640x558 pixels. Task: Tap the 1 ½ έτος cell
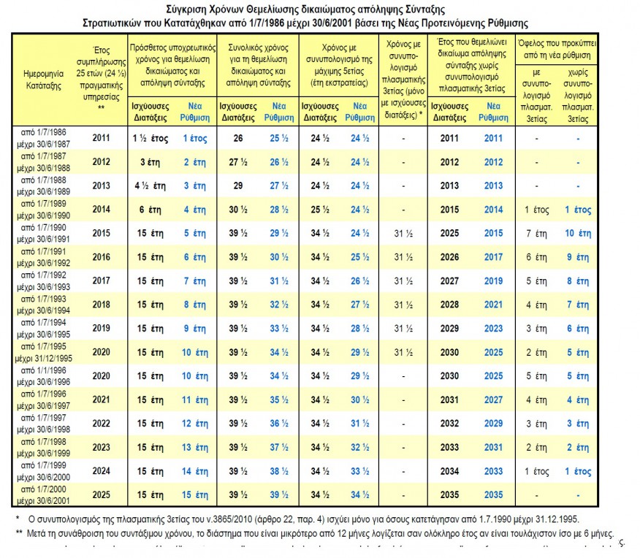[x=149, y=138]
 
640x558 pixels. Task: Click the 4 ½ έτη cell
[x=149, y=186]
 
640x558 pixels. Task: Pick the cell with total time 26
[x=238, y=138]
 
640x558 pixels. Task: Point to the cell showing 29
[x=238, y=186]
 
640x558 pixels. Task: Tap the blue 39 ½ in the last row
[x=279, y=494]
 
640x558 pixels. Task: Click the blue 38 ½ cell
[x=279, y=471]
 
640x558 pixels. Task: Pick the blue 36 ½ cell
[x=279, y=423]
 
